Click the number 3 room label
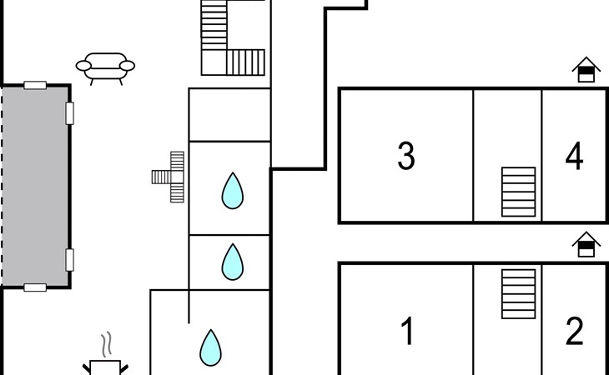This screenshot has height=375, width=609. click(x=406, y=156)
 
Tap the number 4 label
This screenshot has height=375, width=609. click(x=574, y=157)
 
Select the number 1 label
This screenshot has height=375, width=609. click(x=407, y=332)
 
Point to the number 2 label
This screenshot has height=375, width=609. click(x=574, y=332)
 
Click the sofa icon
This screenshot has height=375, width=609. click(x=105, y=67)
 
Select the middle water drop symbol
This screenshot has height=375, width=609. click(x=232, y=262)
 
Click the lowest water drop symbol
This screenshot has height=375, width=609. click(x=211, y=347)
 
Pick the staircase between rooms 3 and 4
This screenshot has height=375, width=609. click(x=518, y=192)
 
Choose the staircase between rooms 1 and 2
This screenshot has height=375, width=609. click(x=518, y=294)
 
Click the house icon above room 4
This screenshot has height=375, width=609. click(x=586, y=70)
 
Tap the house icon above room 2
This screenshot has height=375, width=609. click(x=586, y=244)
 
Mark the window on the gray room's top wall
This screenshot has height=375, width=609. click(x=35, y=85)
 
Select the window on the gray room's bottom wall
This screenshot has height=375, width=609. click(x=35, y=287)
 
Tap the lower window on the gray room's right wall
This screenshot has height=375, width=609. click(x=70, y=260)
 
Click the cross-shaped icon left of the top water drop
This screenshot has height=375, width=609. click(x=170, y=177)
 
